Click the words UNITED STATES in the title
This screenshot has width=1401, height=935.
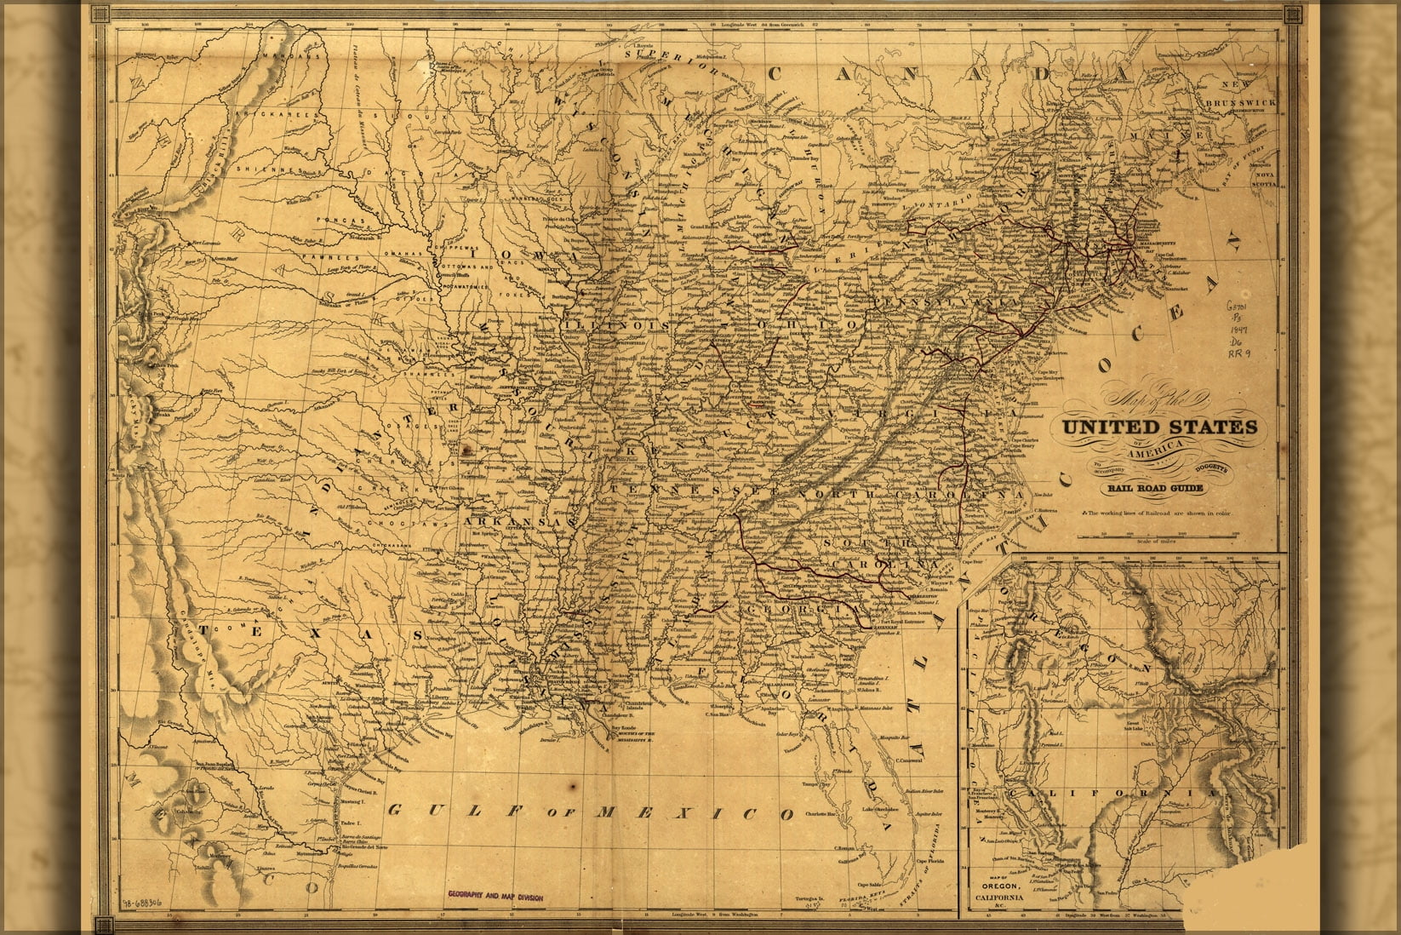(x=1158, y=427)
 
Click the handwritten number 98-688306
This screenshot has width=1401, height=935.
(x=141, y=902)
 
